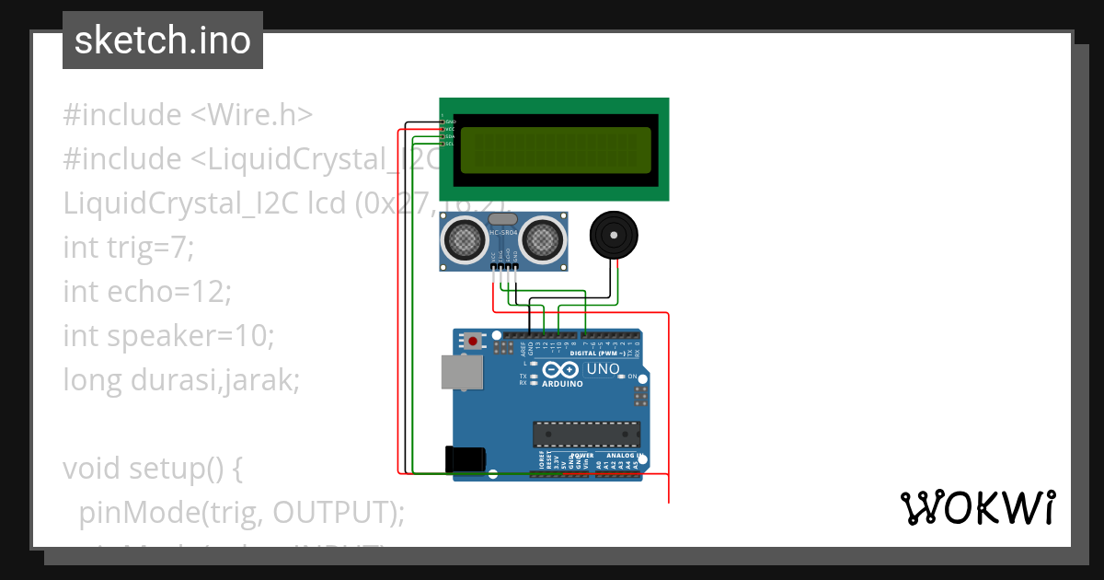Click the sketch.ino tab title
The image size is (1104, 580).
tap(163, 41)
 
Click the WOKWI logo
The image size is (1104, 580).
tap(977, 508)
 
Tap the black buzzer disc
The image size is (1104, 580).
tap(612, 236)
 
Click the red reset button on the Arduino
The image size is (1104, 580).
tap(473, 341)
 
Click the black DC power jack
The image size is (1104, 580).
tap(465, 459)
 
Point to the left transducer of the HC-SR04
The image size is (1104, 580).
tap(465, 239)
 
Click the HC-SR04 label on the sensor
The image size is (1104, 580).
tap(503, 232)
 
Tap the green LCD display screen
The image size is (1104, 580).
tap(554, 150)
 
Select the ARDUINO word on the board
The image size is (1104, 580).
tap(561, 383)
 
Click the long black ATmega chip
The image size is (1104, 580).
tap(586, 433)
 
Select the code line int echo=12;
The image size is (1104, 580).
tap(147, 292)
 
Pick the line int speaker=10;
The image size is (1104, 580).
tap(168, 336)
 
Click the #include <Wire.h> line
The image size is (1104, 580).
tap(189, 115)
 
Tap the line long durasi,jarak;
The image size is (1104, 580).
tap(181, 380)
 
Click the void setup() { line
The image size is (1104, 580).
tap(152, 469)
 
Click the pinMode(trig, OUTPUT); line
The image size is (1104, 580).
tap(241, 512)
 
